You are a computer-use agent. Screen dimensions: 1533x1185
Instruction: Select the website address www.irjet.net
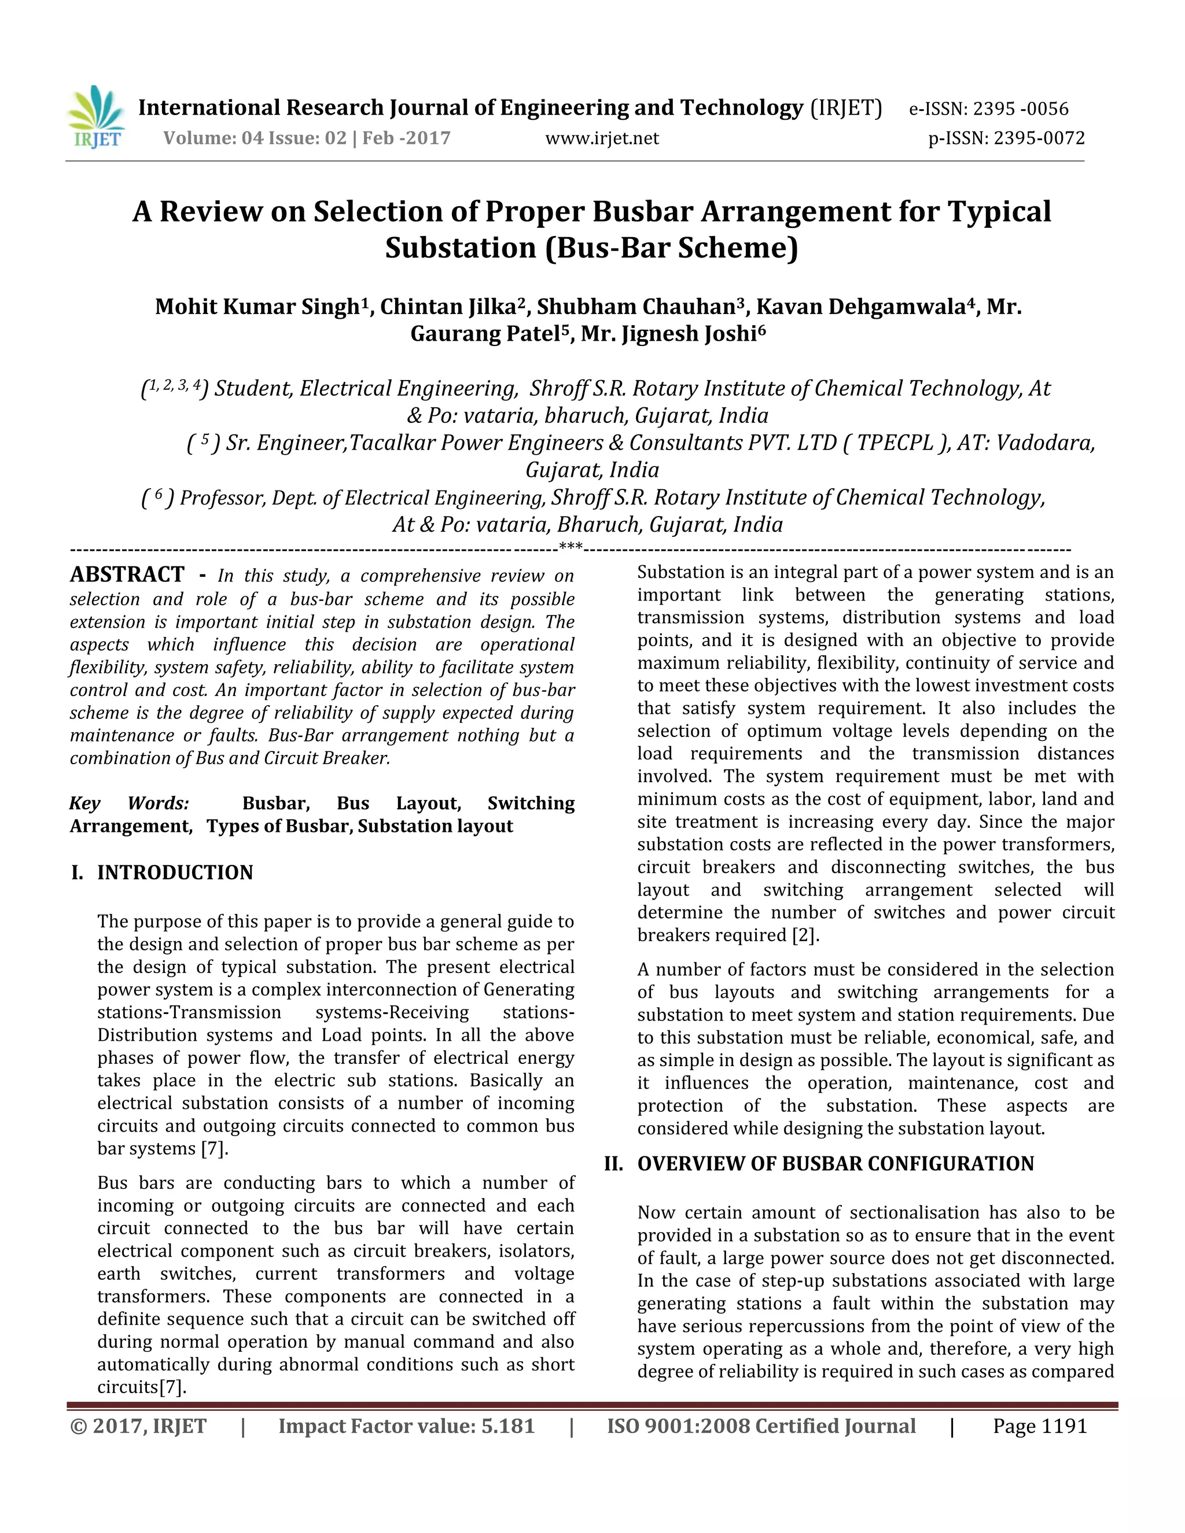[602, 138]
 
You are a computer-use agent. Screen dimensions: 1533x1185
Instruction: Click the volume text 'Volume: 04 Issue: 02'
[255, 138]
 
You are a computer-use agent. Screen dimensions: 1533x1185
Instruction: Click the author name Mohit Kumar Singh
[257, 307]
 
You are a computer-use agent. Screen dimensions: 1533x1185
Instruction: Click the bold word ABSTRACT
[127, 574]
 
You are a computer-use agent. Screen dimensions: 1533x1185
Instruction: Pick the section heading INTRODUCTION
[175, 872]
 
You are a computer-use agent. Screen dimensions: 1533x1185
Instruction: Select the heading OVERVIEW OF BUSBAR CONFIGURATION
[836, 1164]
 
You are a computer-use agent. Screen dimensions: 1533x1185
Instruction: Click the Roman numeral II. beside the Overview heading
[613, 1164]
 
